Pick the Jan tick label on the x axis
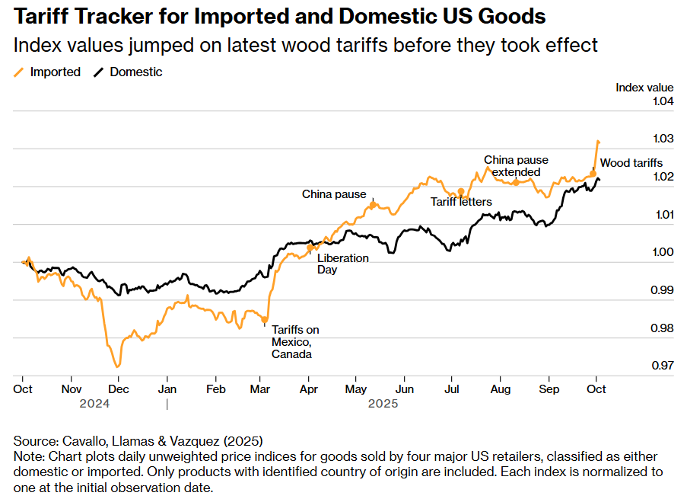[x=167, y=389]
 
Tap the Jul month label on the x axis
[x=452, y=389]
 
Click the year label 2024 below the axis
[x=94, y=404]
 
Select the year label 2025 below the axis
[x=383, y=404]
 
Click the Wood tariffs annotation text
[x=631, y=163]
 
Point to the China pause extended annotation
[x=516, y=166]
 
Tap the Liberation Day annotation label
[x=342, y=264]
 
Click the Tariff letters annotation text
[x=461, y=202]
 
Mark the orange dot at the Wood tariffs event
[x=593, y=174]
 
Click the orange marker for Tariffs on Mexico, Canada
[x=264, y=318]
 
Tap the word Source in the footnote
[x=33, y=441]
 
